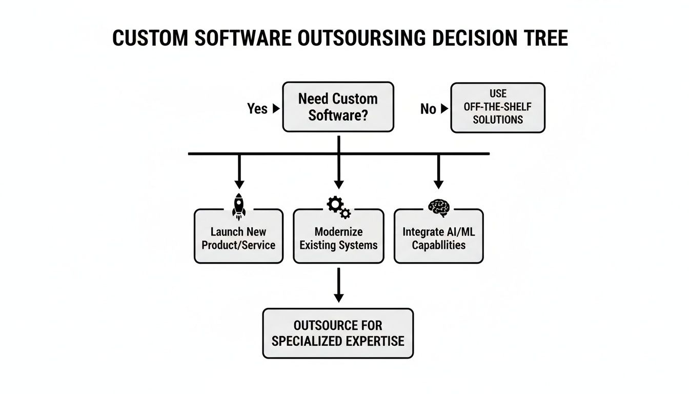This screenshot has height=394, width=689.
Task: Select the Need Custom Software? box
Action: pyautogui.click(x=338, y=107)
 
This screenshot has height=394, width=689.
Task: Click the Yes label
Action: pyautogui.click(x=257, y=109)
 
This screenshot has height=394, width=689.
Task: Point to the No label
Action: pyautogui.click(x=428, y=109)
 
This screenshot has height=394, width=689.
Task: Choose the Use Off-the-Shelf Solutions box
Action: pyautogui.click(x=497, y=107)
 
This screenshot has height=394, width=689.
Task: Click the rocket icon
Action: pyautogui.click(x=238, y=206)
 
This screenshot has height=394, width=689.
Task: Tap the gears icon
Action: pyautogui.click(x=338, y=207)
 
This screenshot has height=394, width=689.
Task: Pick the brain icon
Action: pyautogui.click(x=438, y=207)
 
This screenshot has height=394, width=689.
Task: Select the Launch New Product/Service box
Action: pyautogui.click(x=238, y=238)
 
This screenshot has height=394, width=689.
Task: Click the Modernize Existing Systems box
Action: pyautogui.click(x=338, y=238)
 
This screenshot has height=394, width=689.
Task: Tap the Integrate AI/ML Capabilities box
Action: pyautogui.click(x=438, y=238)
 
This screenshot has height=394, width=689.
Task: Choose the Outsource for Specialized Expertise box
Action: pyautogui.click(x=338, y=333)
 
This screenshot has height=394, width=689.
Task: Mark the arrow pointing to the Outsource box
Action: pyautogui.click(x=338, y=285)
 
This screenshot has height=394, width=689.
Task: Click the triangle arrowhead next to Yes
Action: pyautogui.click(x=276, y=109)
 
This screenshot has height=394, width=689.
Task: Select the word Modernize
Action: pyautogui.click(x=338, y=231)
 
